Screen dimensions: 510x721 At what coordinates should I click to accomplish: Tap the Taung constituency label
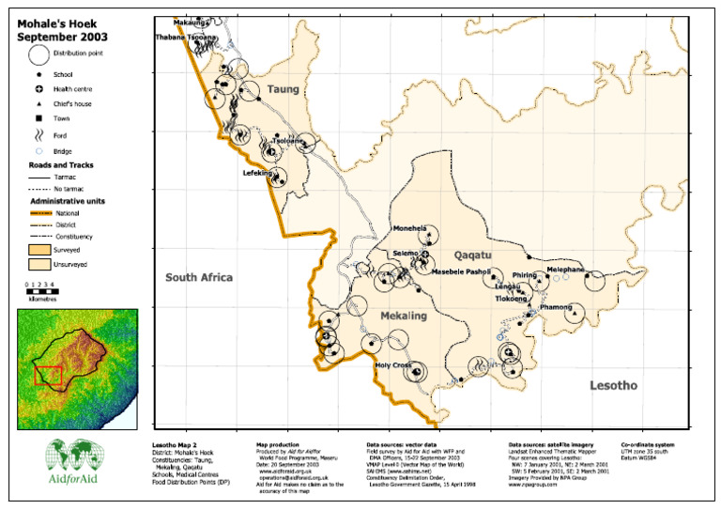tap(283, 89)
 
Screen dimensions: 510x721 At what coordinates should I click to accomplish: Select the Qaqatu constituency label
tap(473, 255)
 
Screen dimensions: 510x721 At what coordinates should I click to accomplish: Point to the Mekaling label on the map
tap(404, 317)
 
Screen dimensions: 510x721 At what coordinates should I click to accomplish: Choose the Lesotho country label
tap(613, 385)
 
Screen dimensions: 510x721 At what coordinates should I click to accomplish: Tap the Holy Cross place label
tap(392, 365)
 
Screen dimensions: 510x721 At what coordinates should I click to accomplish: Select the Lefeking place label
tap(257, 173)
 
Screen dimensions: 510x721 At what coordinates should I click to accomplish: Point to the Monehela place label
tap(410, 228)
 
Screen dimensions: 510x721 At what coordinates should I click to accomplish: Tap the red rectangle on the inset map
tap(49, 376)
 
